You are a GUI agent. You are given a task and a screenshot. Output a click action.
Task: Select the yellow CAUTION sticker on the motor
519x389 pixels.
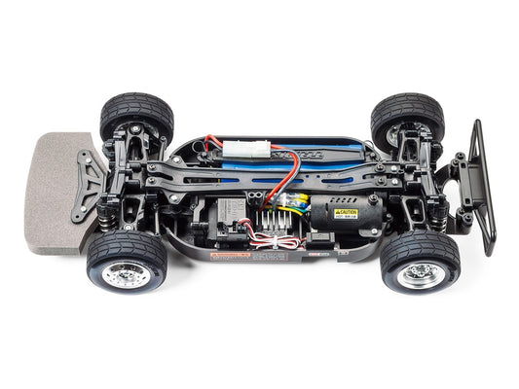[x=346, y=213]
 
